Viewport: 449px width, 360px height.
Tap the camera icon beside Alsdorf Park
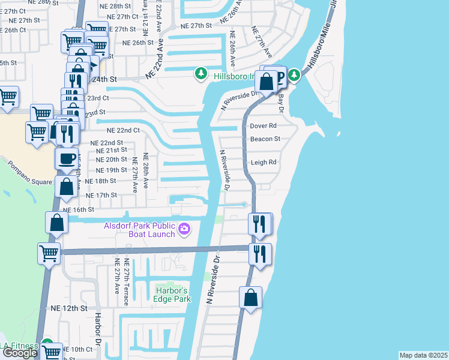184,228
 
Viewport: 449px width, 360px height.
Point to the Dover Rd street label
263,126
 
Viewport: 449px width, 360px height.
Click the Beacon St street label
265,139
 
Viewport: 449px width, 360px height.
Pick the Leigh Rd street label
263,162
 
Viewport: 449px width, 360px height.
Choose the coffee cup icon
66,158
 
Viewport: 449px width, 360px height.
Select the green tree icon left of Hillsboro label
200,74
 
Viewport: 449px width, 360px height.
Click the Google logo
19,353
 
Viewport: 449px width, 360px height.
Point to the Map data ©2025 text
423,355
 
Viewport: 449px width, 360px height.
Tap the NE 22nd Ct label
123,130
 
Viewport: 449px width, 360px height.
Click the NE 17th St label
101,196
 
